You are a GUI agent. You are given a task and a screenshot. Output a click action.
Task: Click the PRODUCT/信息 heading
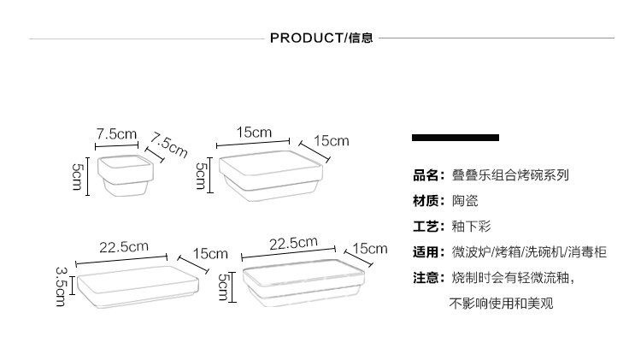click(320, 38)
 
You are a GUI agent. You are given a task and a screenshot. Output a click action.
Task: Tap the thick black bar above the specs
click(456, 138)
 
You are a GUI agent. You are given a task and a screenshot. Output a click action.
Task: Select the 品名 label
click(428, 175)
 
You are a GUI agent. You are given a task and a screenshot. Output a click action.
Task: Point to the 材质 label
click(428, 201)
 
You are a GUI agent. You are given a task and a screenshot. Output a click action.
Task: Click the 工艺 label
click(428, 227)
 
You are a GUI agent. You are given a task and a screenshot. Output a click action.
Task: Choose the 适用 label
click(428, 252)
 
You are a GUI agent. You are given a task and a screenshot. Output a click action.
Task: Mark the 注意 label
click(428, 278)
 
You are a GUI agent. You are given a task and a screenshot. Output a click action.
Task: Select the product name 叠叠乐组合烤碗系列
click(509, 175)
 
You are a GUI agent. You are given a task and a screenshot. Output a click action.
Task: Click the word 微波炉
click(469, 252)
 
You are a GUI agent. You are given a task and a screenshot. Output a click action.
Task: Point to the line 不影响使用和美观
click(501, 303)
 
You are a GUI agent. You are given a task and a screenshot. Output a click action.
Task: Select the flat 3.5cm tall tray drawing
click(138, 286)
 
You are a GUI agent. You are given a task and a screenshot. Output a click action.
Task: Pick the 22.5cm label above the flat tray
click(124, 247)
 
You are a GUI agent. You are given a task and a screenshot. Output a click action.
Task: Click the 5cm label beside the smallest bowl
click(77, 177)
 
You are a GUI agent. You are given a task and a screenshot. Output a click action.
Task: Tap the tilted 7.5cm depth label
click(168, 145)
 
